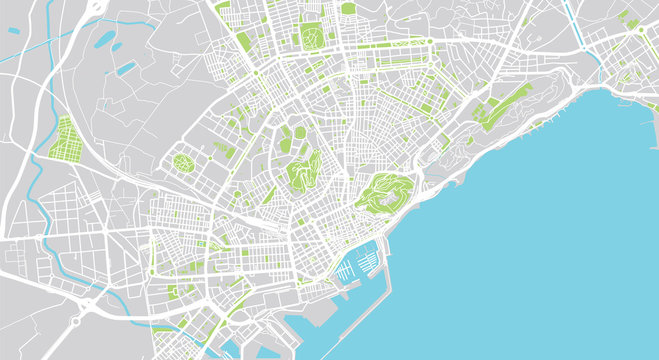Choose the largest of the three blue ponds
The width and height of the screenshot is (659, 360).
click(103, 40)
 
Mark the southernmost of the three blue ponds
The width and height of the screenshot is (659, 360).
click(126, 70)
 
